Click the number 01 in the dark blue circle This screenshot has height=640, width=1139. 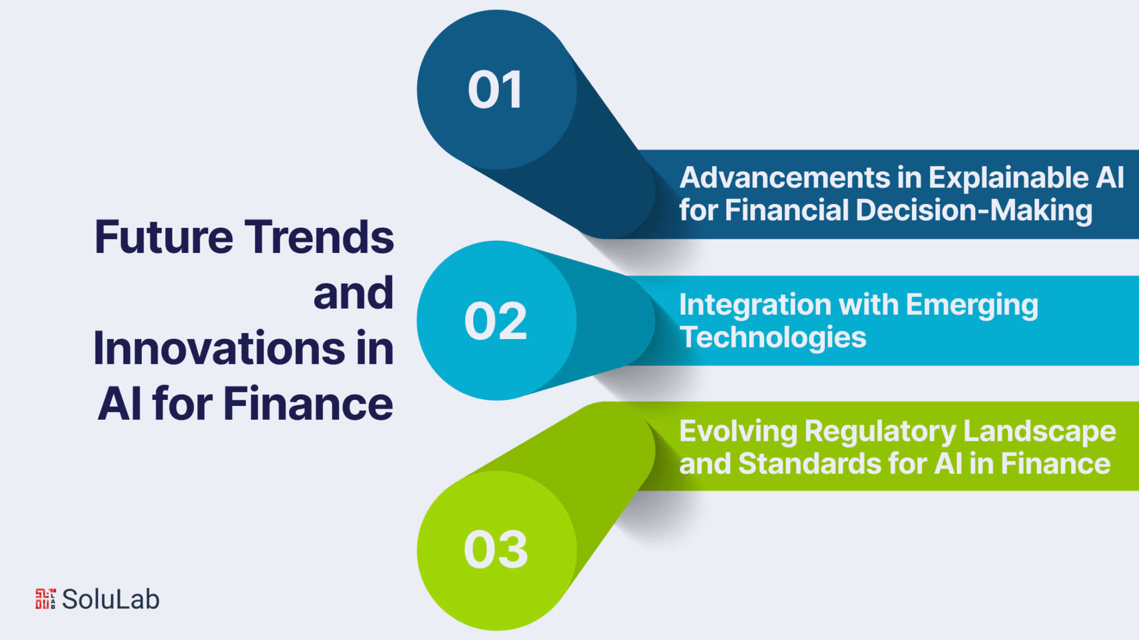tap(496, 90)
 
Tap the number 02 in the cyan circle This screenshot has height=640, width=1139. tap(496, 321)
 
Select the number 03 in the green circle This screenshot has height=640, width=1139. tap(496, 549)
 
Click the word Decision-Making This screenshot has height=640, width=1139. tap(974, 211)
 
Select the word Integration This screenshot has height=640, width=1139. tap(755, 306)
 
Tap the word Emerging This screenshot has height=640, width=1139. tap(972, 306)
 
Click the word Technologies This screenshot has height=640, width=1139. tap(773, 338)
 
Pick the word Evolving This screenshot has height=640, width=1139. tap(739, 432)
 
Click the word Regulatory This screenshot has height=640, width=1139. tap(880, 432)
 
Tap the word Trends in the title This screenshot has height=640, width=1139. tap(319, 237)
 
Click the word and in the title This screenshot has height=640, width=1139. tap(354, 292)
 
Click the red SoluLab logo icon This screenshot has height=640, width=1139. tap(46, 599)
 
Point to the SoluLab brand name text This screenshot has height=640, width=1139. tap(111, 599)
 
